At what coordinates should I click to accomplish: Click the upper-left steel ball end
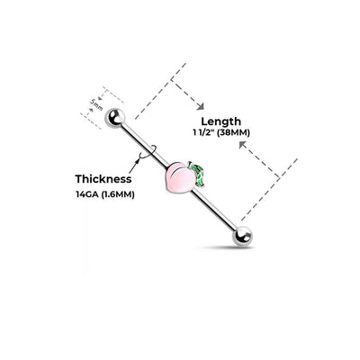click(x=114, y=118)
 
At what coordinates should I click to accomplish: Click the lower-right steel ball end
click(x=242, y=236)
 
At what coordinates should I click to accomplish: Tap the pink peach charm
click(x=179, y=178)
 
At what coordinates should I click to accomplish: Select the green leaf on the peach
click(x=200, y=174)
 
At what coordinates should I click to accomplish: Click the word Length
click(x=220, y=121)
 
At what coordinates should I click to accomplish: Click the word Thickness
click(x=103, y=179)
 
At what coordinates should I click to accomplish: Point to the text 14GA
click(x=87, y=194)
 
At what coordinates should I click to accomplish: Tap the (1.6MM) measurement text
click(x=118, y=194)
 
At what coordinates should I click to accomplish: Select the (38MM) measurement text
click(x=233, y=132)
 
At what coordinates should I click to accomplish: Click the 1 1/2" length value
click(x=203, y=132)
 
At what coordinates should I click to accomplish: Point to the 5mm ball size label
click(x=96, y=104)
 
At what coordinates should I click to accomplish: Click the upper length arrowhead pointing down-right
click(x=201, y=106)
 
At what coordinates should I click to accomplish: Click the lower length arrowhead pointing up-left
click(x=242, y=145)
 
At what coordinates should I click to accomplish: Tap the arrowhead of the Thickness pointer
click(x=138, y=160)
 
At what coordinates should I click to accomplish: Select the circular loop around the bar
click(x=148, y=152)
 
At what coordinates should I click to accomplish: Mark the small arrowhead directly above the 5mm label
click(x=102, y=97)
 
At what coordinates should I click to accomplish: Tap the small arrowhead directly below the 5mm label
click(x=91, y=110)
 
